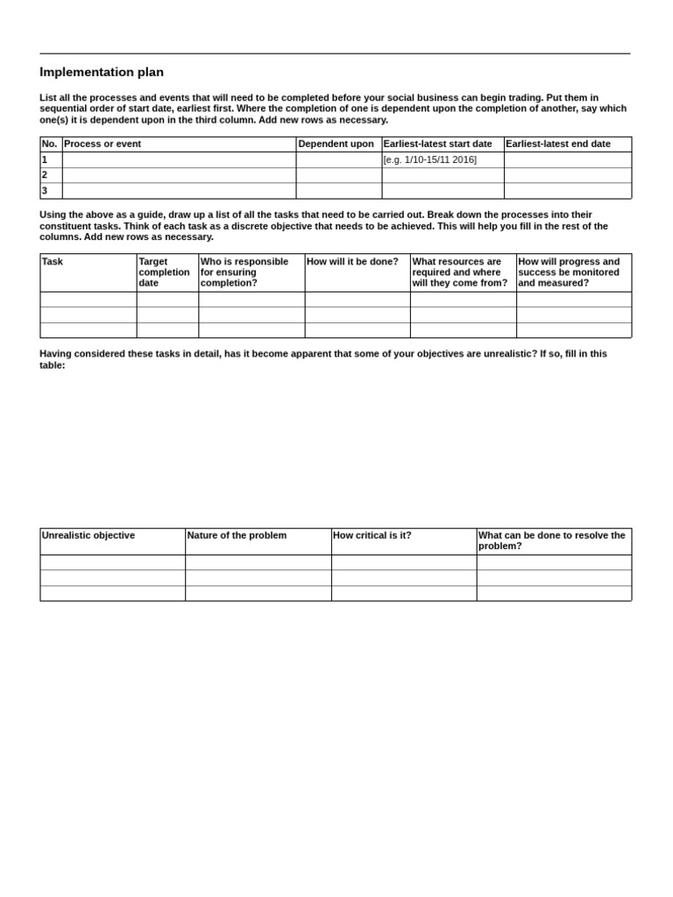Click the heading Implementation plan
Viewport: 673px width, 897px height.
tap(102, 73)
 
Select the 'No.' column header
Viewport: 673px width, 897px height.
tap(49, 144)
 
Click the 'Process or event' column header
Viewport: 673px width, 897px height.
tap(103, 144)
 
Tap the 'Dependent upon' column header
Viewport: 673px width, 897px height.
tap(336, 144)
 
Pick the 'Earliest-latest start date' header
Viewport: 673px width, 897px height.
tap(437, 144)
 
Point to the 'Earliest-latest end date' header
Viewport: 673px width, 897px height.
tap(558, 144)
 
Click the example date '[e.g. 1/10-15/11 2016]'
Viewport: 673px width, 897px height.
tap(429, 159)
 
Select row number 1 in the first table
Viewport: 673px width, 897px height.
tap(45, 159)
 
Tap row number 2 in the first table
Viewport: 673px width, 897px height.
tap(45, 174)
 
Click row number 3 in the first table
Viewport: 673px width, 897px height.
tap(45, 190)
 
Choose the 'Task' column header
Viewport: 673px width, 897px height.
tap(53, 261)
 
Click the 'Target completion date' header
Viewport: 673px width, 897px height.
tap(164, 272)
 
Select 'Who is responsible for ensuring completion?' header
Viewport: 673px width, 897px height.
tap(244, 272)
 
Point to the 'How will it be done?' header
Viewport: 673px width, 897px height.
tap(352, 261)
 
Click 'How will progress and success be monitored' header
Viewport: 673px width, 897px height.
tap(569, 272)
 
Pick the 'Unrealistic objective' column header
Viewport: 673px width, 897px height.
tap(89, 535)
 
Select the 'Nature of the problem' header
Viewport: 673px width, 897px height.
tap(237, 535)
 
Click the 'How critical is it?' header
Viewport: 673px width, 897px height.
tap(372, 535)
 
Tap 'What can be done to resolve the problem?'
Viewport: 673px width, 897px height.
tap(552, 540)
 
